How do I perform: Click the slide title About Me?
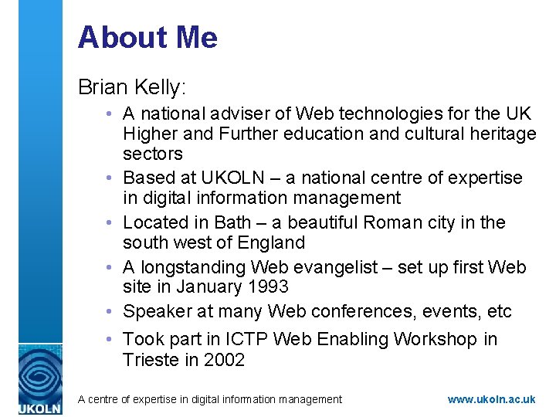[147, 37]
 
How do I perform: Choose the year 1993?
[267, 286]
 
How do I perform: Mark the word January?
[208, 286]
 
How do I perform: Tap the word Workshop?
[436, 339]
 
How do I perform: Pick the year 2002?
[223, 359]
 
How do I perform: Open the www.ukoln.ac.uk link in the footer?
[491, 399]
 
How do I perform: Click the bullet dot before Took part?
[113, 340]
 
